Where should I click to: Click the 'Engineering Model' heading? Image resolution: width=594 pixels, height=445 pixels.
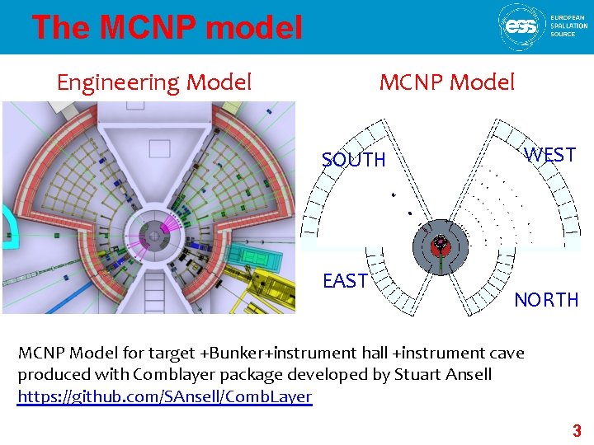coord(153,82)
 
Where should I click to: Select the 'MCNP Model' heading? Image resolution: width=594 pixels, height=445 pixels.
coord(446,82)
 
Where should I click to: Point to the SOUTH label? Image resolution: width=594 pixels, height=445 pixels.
coord(353,160)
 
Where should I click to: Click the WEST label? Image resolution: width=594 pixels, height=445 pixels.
coord(550,155)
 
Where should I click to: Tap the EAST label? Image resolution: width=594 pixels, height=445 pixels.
coord(345,281)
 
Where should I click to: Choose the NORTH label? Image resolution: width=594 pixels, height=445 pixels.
coord(546,300)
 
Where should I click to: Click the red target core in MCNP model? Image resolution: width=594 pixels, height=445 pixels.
coord(441,245)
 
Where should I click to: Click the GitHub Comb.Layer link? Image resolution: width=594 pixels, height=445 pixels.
coord(165,397)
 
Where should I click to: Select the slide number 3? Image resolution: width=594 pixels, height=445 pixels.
coord(577,430)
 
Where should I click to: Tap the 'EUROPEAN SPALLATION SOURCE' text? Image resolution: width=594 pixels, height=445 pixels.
coord(568,26)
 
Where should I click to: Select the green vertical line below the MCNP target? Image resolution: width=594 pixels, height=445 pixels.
coord(441,264)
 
